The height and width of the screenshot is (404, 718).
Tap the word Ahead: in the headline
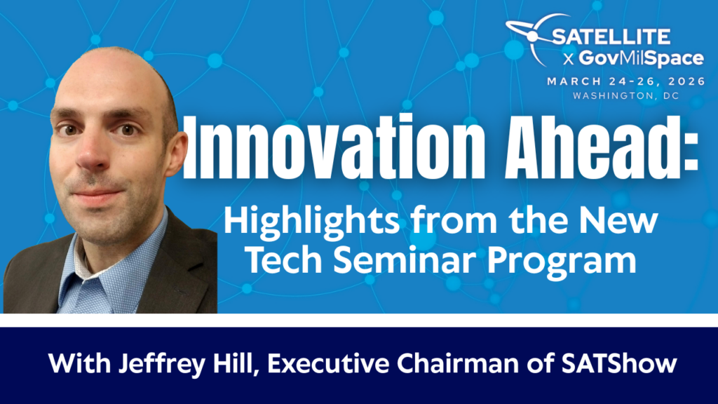coord(602,148)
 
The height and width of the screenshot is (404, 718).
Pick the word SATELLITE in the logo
coord(611,37)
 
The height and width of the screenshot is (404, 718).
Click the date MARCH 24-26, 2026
coord(626,81)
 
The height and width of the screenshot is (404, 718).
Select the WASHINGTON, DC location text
coord(626,95)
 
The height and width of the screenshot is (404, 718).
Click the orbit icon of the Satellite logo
coord(531,36)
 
